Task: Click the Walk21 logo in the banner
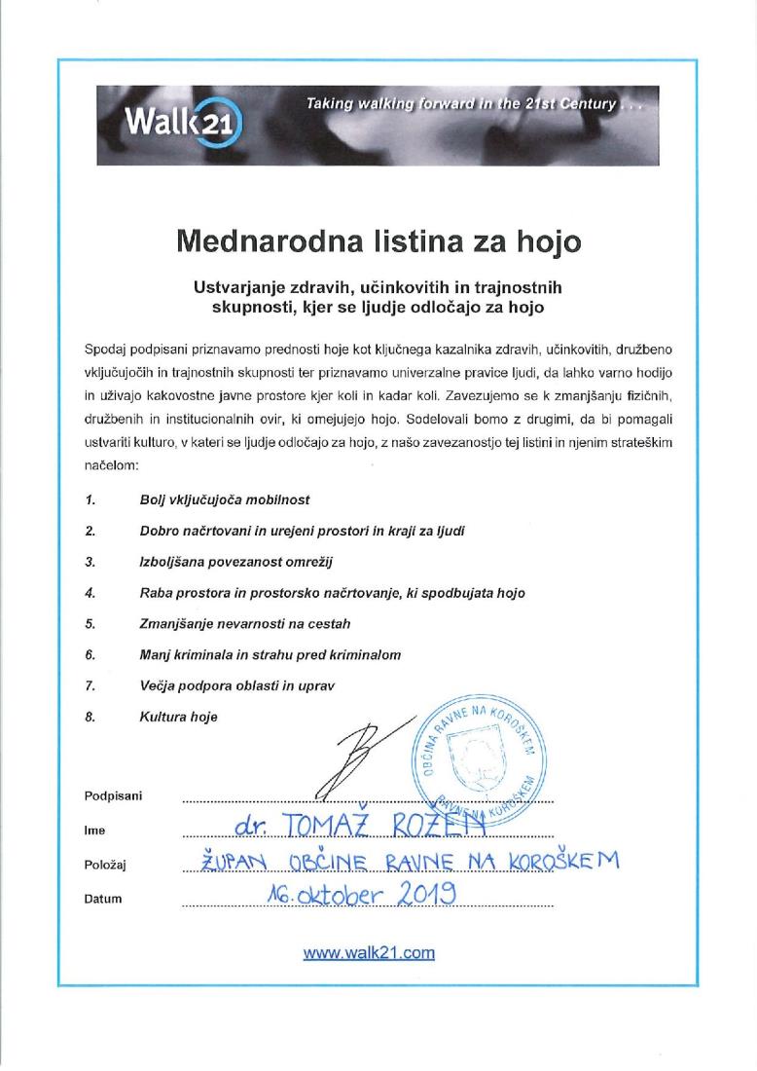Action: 183,125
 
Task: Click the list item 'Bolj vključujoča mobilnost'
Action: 225,499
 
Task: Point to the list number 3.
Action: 90,562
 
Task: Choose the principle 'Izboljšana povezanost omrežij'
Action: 230,562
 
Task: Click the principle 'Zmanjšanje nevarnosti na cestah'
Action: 245,624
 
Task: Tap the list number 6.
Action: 90,655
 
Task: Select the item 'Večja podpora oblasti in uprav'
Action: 237,686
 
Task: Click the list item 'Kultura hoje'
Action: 179,718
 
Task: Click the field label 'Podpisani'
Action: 114,796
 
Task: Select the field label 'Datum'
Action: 103,899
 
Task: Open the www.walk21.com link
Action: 369,953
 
